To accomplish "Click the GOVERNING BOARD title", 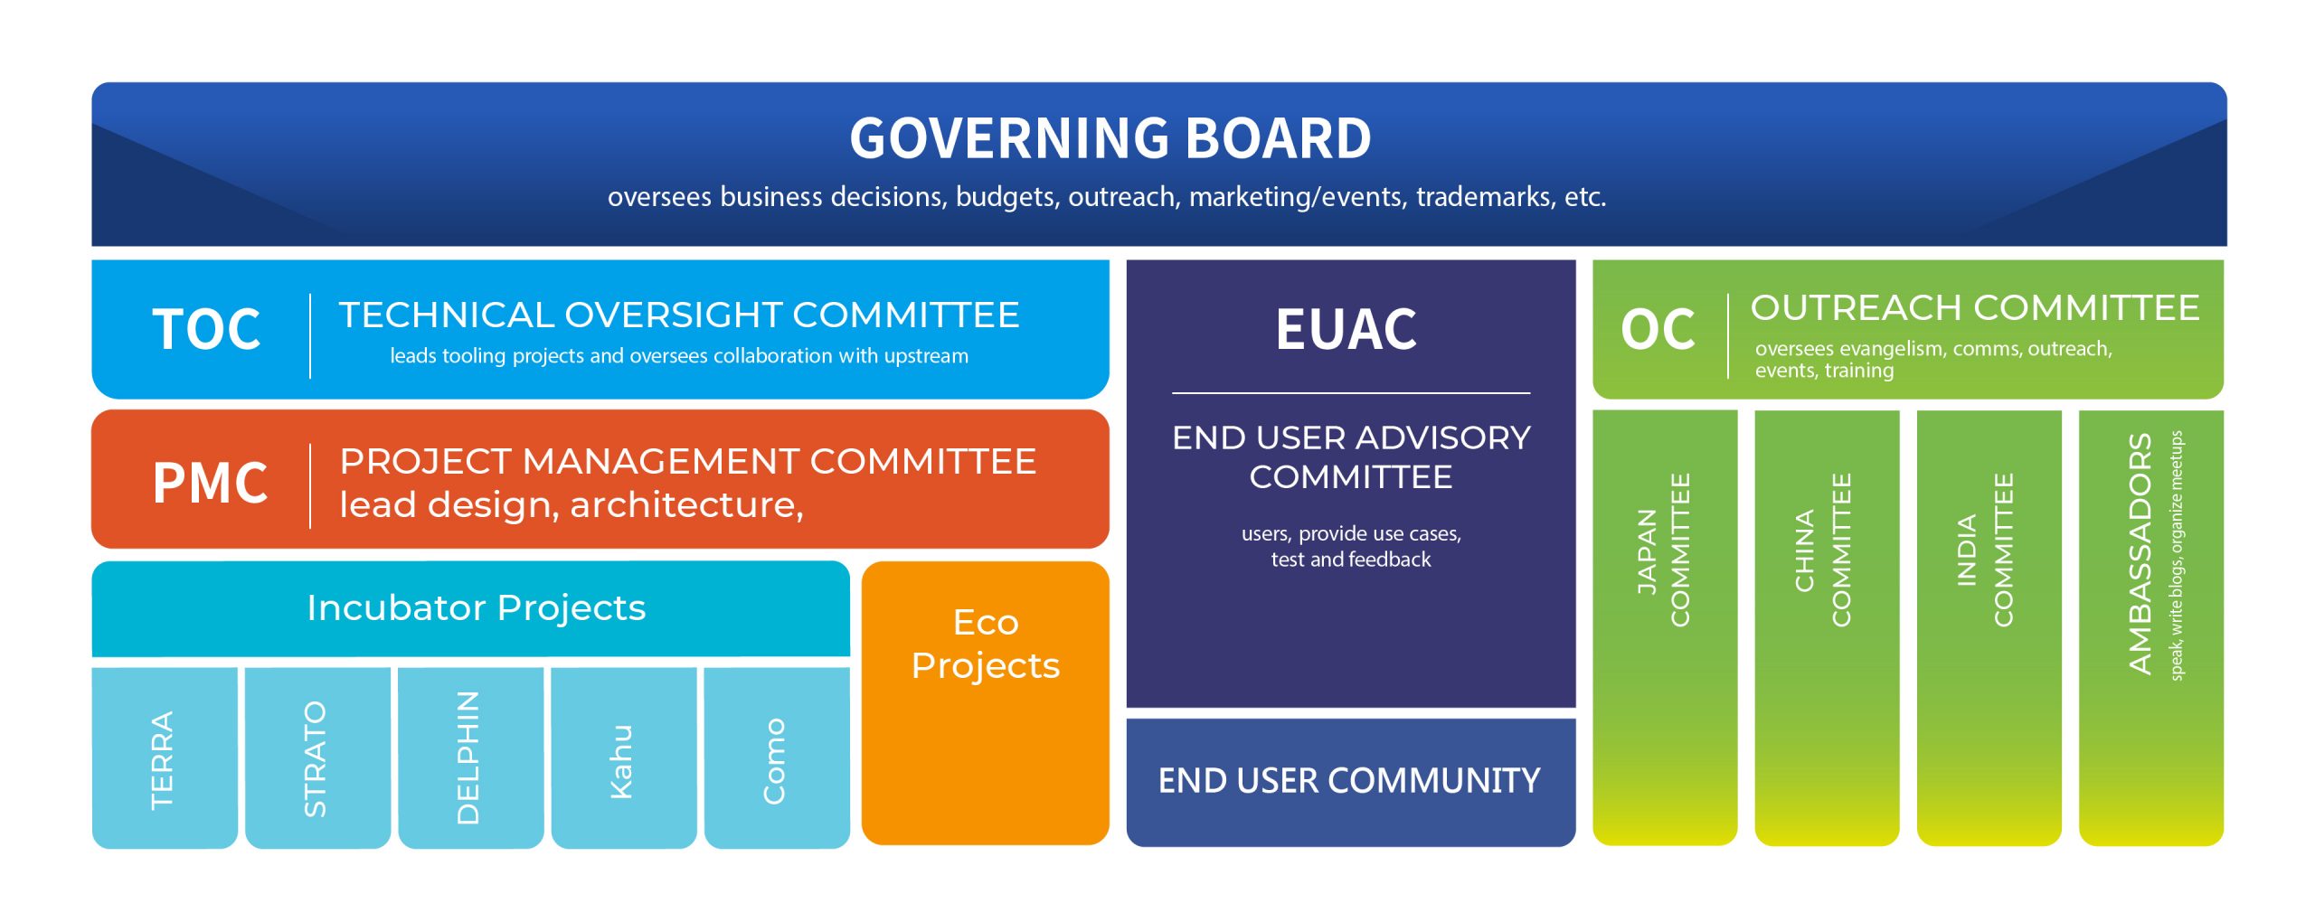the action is pos(1110,138).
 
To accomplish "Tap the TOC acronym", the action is pos(207,329).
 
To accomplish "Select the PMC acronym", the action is pos(210,482).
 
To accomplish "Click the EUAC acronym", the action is pos(1346,329).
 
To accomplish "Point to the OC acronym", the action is pos(1658,329).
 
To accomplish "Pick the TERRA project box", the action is pos(165,757).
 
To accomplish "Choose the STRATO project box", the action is pos(317,757).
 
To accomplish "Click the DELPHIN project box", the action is pos(471,757).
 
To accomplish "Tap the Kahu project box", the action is pos(624,757).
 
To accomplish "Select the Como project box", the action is pos(777,757).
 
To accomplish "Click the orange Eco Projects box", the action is pos(985,703).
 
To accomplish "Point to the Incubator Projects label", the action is pos(477,608).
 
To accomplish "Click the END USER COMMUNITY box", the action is pos(1351,782).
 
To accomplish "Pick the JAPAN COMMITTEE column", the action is pos(1665,628).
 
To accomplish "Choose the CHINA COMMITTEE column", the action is pos(1827,628).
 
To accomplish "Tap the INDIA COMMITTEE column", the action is pos(1989,628).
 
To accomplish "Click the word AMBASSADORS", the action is pos(2140,554).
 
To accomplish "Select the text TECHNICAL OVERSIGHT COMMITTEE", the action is pos(679,315).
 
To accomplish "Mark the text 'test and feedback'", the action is pos(1351,560).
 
